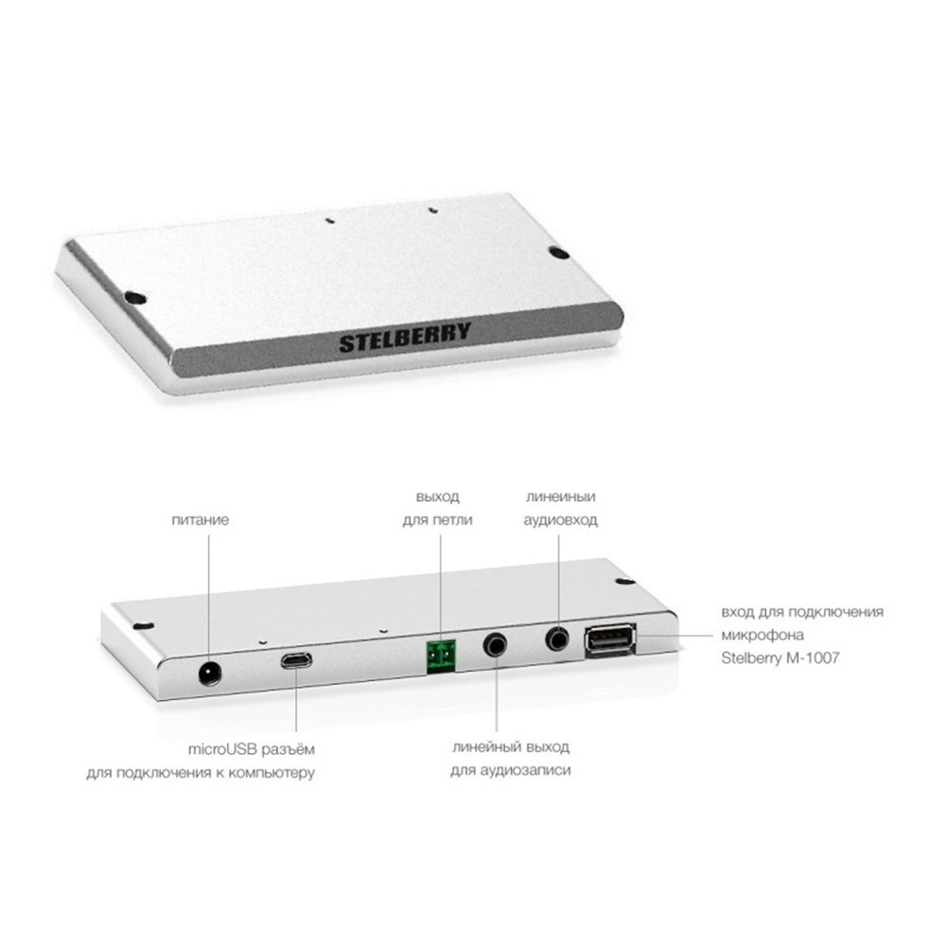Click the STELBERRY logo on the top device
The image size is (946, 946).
point(405,338)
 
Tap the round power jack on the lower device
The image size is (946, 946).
point(210,673)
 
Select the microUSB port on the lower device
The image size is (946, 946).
point(295,660)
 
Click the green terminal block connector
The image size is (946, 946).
point(441,657)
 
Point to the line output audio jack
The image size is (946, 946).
point(496,645)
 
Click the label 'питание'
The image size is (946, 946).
point(201,520)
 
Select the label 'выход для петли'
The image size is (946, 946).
point(437,509)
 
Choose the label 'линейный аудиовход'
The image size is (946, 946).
point(560,508)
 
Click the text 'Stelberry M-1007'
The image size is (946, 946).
point(780,657)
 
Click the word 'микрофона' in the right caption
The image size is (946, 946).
point(762,636)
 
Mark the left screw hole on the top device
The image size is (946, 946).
point(134,297)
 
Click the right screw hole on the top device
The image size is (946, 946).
point(559,254)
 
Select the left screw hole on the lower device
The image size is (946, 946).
point(143,625)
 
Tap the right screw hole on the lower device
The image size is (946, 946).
point(624,582)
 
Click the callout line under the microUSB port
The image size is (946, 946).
point(296,701)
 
